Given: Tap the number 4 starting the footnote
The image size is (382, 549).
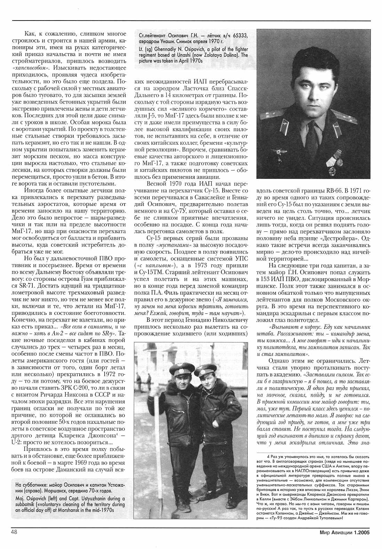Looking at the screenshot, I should click(x=268, y=456).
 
